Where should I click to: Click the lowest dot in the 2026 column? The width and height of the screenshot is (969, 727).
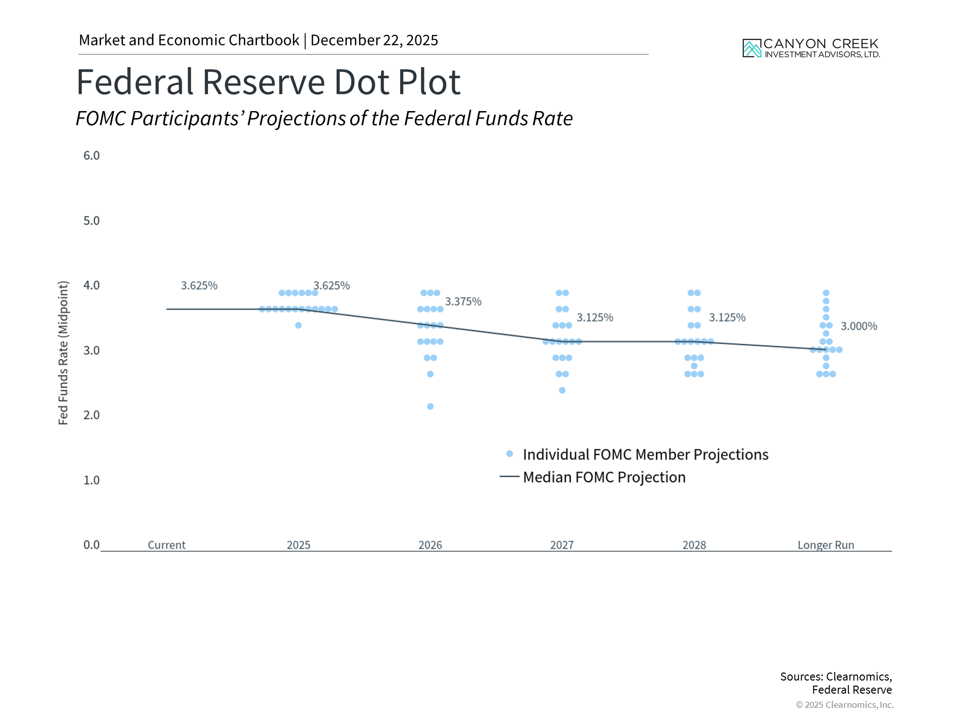pos(430,406)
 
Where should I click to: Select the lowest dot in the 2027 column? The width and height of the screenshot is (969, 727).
pos(562,390)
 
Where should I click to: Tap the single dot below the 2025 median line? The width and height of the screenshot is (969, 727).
pos(298,325)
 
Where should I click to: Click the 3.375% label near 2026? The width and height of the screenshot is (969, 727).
pos(463,301)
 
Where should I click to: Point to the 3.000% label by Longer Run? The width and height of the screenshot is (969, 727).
pos(858,326)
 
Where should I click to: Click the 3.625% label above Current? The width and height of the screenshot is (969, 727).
pos(199,285)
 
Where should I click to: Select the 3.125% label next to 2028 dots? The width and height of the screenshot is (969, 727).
pos(727,318)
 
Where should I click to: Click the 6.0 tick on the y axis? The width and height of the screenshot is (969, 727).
pos(91,155)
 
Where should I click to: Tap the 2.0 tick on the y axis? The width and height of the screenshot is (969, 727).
pos(91,415)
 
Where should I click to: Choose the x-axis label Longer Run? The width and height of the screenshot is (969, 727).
pos(826,545)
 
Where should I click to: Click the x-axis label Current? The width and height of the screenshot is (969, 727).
pos(167,545)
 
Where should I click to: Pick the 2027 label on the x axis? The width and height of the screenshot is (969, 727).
pos(562,545)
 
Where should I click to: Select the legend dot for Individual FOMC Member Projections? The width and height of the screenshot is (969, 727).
pos(510,454)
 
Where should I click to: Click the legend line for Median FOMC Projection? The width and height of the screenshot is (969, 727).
pos(509,477)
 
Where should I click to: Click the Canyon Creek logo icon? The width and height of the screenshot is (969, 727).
pos(751,48)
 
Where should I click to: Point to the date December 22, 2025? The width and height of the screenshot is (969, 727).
pos(374,40)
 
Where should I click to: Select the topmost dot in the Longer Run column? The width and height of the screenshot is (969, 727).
pos(826,293)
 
